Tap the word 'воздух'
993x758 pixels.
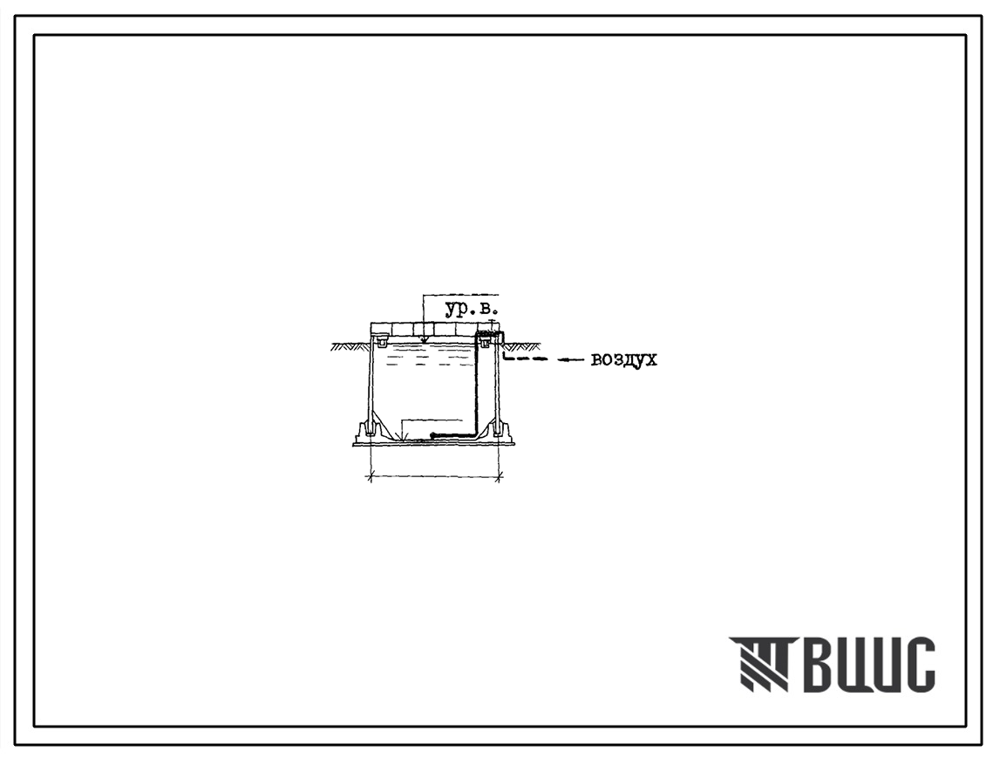[624, 360]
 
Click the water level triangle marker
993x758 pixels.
[424, 342]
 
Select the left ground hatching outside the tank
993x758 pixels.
[349, 347]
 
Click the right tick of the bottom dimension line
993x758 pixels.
[500, 476]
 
